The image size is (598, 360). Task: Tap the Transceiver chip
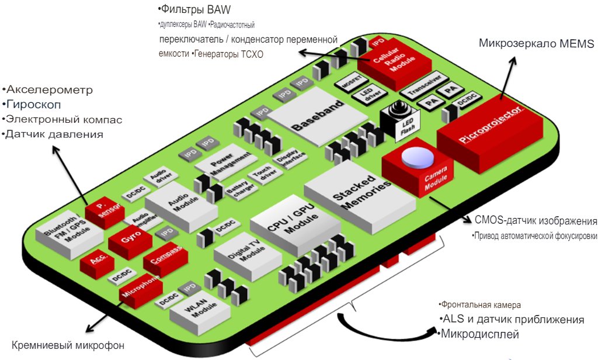tap(419, 89)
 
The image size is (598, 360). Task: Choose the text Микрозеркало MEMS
tap(536, 44)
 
